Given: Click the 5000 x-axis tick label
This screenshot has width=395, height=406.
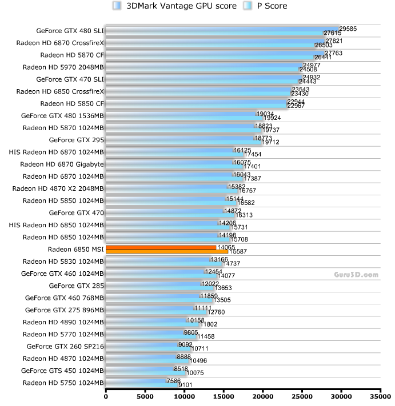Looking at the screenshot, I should tap(145, 395).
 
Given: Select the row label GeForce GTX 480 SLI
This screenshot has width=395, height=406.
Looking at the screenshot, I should tap(70, 30).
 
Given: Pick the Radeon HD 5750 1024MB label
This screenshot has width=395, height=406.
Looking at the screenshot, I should tap(63, 383).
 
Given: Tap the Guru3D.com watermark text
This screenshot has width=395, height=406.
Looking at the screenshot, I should tap(356, 275).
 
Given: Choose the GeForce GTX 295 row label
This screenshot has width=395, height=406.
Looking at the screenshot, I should tap(76, 139).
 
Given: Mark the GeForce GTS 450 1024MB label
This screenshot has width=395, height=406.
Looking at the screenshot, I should tap(62, 370).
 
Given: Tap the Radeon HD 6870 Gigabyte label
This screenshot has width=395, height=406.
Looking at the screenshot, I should tap(62, 164).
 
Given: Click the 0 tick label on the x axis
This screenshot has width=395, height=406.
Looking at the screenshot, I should tap(106, 395).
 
